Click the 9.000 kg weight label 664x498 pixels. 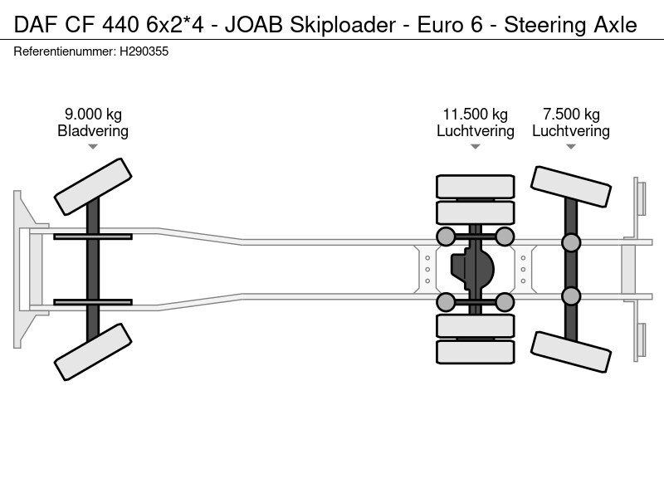[93, 115]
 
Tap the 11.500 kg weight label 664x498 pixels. [475, 115]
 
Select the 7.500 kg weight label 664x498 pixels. [571, 115]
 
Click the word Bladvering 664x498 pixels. [93, 131]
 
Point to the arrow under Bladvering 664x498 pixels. [93, 147]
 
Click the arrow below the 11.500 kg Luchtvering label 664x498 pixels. [475, 147]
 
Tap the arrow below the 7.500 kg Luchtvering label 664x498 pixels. [571, 147]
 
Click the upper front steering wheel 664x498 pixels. [93, 187]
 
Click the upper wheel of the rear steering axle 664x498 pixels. [571, 187]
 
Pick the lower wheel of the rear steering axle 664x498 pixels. [571, 352]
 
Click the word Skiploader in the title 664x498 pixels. [339, 25]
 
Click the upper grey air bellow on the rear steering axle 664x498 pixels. [571, 242]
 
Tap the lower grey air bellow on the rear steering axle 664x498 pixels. [571, 295]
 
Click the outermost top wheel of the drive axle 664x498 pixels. [475, 186]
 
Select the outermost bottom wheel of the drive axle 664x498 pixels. [475, 353]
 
